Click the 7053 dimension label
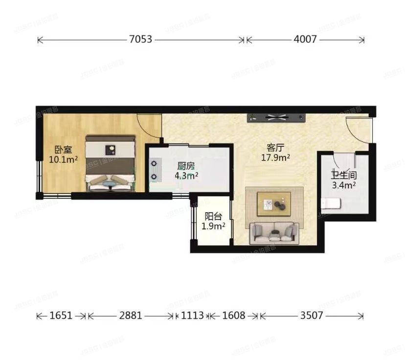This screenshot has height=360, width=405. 141,40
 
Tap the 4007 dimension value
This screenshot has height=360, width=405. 305,40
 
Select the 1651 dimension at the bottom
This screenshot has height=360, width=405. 62,316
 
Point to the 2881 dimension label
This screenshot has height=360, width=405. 130,316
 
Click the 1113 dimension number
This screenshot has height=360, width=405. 192,316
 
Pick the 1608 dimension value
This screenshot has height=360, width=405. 233,316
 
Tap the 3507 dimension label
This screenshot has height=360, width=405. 311,316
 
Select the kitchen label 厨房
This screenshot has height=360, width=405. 187,166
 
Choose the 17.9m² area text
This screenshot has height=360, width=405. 276,157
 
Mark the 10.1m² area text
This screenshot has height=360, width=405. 63,159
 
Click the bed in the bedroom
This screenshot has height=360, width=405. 110,163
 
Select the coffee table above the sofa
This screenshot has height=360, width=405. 274,202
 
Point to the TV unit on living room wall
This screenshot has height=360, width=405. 277,117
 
